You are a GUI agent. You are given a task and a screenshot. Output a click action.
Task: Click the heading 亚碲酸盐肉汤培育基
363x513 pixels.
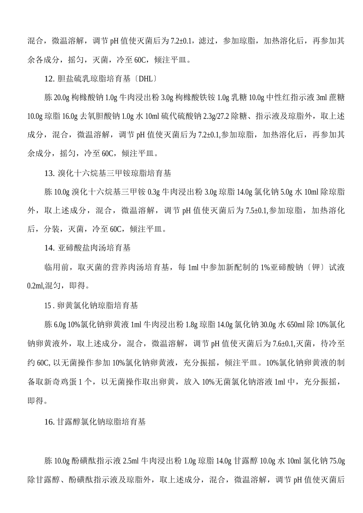pyautogui.click(x=94, y=248)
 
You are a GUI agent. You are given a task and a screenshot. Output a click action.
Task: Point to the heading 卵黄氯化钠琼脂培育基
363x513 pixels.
pyautogui.click(x=97, y=306)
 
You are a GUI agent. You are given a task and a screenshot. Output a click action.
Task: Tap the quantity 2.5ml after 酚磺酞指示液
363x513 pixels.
pyautogui.click(x=132, y=461)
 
